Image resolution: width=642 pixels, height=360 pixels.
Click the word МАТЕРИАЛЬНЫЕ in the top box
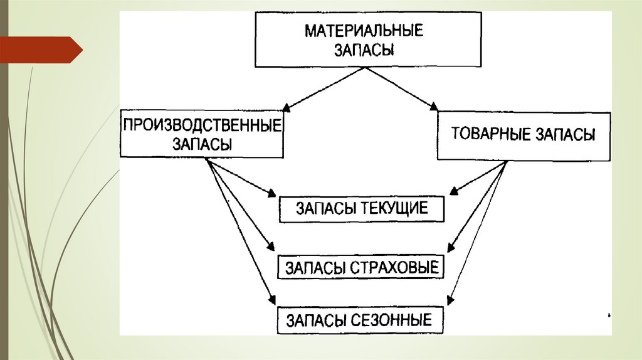coord(364,31)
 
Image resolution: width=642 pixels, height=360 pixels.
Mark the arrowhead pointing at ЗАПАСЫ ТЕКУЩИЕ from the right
coord(455,191)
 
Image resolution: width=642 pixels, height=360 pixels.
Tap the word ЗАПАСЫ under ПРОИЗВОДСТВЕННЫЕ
coord(202,143)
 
